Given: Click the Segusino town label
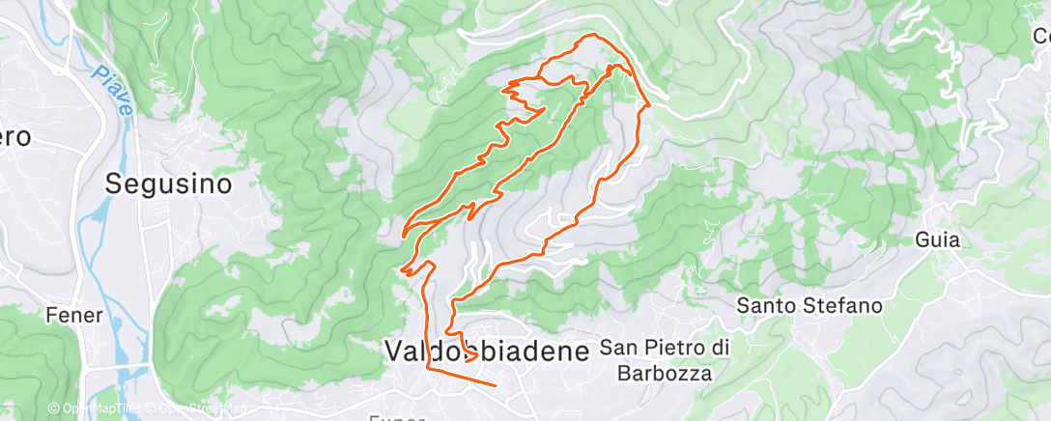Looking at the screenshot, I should tap(169, 182).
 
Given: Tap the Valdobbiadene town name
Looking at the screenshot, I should tap(487, 351).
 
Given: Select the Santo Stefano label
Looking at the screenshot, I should tap(810, 306).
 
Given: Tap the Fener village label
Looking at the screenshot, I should tap(73, 315).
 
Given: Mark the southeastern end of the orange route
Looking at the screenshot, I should tap(496, 385).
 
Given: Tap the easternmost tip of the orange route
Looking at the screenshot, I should tap(648, 102).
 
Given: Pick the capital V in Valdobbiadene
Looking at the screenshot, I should tap(394, 351).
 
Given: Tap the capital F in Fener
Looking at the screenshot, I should tap(51, 315).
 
